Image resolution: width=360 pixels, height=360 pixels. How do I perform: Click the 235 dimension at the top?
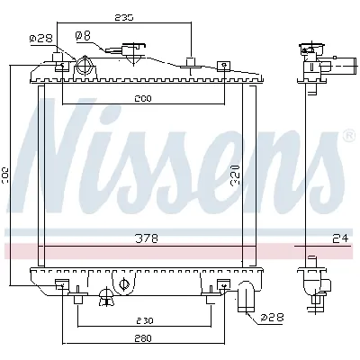[x=123, y=17]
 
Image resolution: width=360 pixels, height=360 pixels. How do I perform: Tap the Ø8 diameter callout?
[x=82, y=35]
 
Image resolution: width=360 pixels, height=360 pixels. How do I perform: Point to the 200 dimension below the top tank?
[x=143, y=97]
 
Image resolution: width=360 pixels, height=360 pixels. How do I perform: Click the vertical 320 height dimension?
[x=233, y=171]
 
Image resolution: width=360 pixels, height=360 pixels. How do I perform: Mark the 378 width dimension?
[x=145, y=238]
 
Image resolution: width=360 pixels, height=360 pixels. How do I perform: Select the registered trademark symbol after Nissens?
[x=348, y=136]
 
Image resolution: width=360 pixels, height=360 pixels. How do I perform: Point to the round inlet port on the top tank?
[x=86, y=66]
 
